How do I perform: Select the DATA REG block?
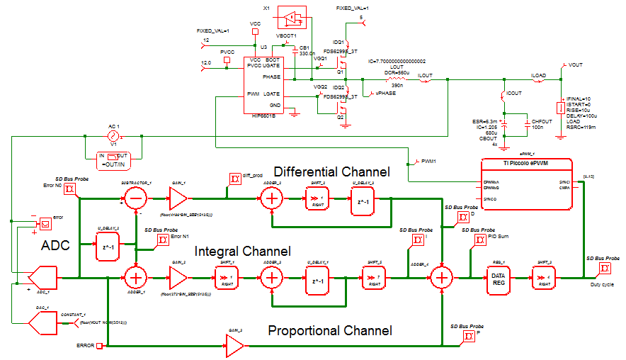pos(497,276)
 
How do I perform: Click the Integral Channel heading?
pos(243,252)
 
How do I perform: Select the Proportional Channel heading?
pos(329,330)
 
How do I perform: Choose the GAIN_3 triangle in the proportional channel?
pos(234,346)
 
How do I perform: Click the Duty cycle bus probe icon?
pos(605,269)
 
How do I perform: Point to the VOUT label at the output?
pos(575,64)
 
